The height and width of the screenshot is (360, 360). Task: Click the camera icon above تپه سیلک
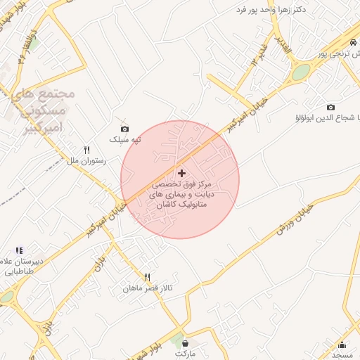click(x=124, y=129)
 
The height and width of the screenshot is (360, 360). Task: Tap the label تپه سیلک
click(x=124, y=139)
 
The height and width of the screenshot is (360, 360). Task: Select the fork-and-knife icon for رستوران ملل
click(x=87, y=150)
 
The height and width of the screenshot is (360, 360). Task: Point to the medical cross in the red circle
click(x=182, y=173)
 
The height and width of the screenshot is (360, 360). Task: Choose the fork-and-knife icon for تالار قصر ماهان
click(x=148, y=277)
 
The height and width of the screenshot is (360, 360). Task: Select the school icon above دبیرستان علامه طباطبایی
click(x=20, y=250)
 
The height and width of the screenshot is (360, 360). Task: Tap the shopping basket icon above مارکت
click(x=185, y=344)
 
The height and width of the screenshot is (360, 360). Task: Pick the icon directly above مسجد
click(x=342, y=345)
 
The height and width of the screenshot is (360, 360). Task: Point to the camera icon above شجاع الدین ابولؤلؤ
click(x=330, y=107)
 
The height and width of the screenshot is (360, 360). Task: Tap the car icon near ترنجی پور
click(x=352, y=42)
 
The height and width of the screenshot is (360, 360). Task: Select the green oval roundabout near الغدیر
click(x=301, y=72)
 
